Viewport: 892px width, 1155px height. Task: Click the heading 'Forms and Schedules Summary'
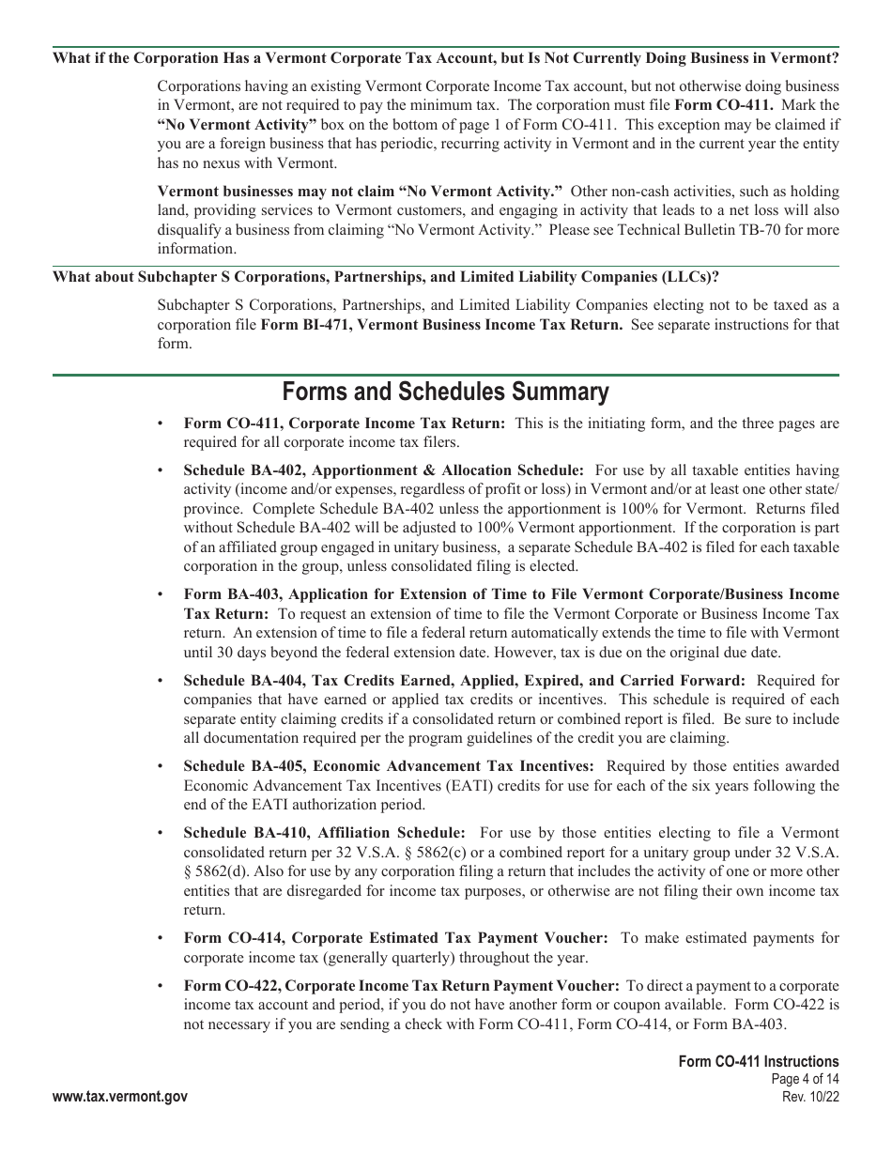(x=445, y=392)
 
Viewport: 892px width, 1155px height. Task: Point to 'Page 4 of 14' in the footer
(x=804, y=1080)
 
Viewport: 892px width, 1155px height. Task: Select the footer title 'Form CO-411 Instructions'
(x=759, y=1062)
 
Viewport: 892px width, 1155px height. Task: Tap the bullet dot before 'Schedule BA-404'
(x=163, y=681)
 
